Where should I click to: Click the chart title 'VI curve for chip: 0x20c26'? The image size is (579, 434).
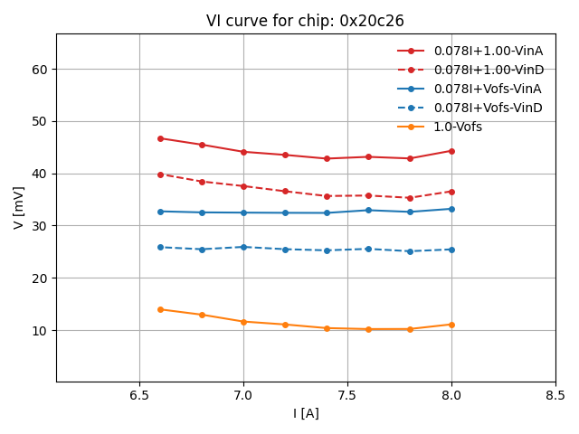point(305,21)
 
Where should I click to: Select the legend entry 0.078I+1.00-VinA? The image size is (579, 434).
point(488,52)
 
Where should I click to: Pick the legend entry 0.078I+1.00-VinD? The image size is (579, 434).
point(488,71)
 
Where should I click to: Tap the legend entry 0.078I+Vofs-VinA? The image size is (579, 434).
point(488,89)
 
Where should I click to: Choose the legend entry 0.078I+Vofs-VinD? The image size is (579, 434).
point(488,108)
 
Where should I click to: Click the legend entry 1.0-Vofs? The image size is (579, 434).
point(458,127)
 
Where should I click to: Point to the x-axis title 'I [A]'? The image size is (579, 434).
point(306,414)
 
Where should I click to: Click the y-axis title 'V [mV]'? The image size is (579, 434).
point(20,208)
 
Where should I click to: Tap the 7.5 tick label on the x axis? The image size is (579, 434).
point(347,396)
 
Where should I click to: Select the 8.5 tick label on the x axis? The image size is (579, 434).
point(555,396)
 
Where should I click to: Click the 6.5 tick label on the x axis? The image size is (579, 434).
point(139,396)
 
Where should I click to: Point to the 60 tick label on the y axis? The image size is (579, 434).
point(39,70)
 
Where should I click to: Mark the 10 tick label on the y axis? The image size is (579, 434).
point(39,331)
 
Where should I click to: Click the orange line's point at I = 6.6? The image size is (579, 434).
point(160,309)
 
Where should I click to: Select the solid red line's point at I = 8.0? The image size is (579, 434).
point(451,151)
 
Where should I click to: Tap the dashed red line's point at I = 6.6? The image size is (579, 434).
point(160,175)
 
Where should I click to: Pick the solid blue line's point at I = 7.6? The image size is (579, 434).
point(368,210)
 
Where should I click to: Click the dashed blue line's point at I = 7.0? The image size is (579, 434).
point(243,247)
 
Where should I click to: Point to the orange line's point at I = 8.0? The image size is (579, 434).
point(451,325)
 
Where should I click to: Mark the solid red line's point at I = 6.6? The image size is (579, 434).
point(160,138)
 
